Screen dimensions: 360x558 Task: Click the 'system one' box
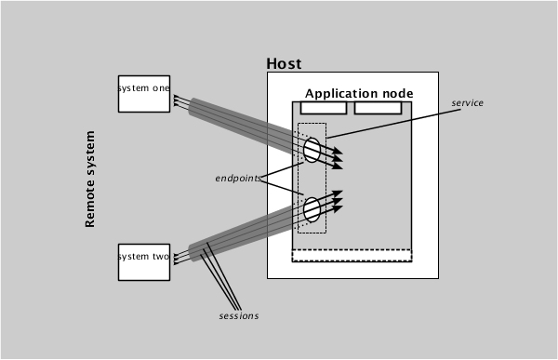[144, 93]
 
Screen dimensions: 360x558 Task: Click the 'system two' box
[144, 261]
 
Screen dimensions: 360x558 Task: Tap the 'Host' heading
[284, 64]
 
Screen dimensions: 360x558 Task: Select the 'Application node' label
[359, 94]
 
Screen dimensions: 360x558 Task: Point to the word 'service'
[467, 102]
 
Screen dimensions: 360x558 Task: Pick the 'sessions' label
[238, 316]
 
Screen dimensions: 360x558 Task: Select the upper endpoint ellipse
[312, 150]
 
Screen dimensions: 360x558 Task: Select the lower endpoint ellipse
[312, 208]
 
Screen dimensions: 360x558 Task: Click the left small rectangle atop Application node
[324, 108]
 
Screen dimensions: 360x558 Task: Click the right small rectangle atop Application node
[378, 108]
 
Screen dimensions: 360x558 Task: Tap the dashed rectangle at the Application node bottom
[352, 256]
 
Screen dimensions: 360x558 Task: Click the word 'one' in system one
[159, 87]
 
